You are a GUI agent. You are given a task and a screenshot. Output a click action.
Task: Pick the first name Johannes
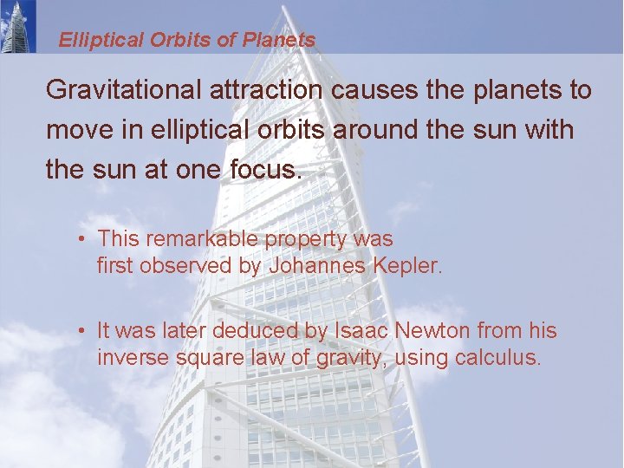316,266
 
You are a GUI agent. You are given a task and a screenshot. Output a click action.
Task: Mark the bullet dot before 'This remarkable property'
80,239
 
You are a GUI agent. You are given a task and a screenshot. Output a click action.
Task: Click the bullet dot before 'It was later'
80,331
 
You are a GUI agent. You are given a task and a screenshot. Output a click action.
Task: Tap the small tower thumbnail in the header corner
18,26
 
